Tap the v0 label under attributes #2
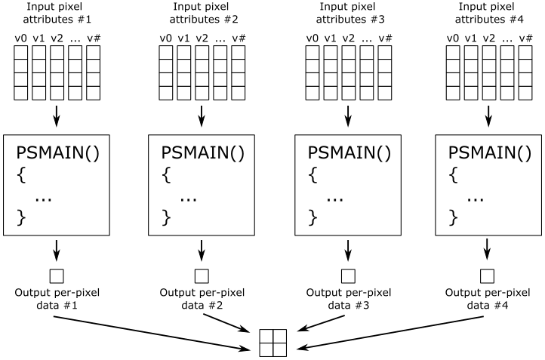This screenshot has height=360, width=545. pyautogui.click(x=165, y=38)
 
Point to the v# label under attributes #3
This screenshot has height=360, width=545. pyautogui.click(x=385, y=38)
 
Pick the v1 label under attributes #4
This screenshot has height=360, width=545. pyautogui.click(x=472, y=38)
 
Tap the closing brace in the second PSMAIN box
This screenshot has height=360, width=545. pyautogui.click(x=165, y=219)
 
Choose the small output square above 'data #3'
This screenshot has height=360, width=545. pyautogui.click(x=347, y=275)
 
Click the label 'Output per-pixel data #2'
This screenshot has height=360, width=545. pyautogui.click(x=201, y=299)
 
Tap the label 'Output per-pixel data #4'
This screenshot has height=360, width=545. pyautogui.click(x=488, y=299)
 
